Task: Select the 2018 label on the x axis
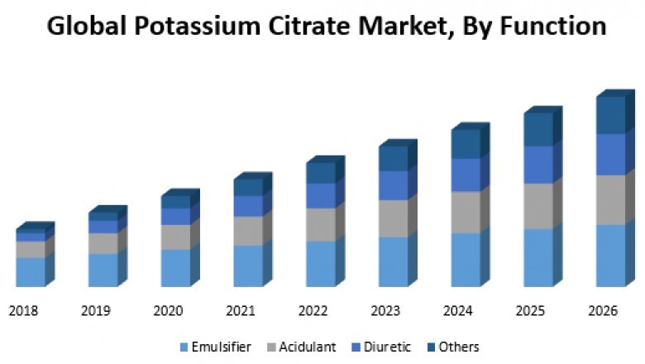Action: (23, 311)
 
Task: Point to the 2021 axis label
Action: (241, 311)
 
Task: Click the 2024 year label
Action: (458, 311)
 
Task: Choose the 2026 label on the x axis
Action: (603, 311)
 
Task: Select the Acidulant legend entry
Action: (307, 347)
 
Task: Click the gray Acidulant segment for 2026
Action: (610, 199)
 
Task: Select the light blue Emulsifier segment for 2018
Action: (30, 272)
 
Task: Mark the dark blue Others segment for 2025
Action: (537, 129)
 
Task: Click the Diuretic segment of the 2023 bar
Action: (393, 185)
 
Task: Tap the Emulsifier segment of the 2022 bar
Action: (320, 264)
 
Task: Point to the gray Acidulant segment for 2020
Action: (175, 237)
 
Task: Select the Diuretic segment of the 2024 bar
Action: (466, 175)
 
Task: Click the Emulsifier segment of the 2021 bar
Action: (247, 266)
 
